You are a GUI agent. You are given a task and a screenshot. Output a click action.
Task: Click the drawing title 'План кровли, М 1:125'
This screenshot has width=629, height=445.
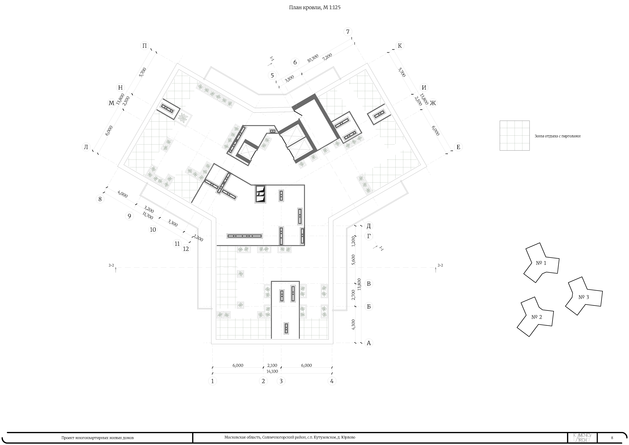coord(315,8)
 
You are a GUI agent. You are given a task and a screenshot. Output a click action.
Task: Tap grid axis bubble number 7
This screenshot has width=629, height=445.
coord(348,32)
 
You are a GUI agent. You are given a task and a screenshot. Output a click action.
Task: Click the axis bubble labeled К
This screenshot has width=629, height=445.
coord(400,46)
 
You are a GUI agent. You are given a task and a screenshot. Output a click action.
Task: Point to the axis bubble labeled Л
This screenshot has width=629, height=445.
coord(86,147)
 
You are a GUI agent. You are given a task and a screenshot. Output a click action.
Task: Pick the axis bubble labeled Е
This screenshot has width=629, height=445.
coord(458,147)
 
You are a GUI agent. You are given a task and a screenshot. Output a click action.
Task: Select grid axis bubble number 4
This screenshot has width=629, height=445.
coord(332,381)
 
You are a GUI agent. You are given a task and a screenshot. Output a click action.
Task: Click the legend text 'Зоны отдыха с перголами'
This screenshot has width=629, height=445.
coord(557,136)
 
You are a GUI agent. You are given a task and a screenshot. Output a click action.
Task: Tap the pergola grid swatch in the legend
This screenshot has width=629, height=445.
coord(514,136)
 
